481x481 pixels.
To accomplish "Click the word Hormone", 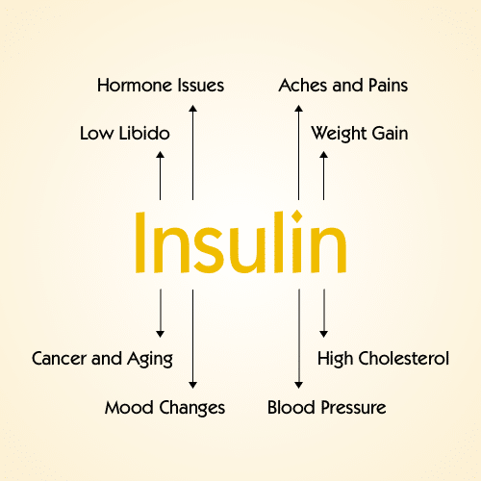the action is pyautogui.click(x=135, y=86).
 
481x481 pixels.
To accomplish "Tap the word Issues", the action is pyautogui.click(x=201, y=86).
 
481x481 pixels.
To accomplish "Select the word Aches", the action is pyautogui.click(x=303, y=86).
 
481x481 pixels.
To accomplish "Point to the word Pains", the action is pyautogui.click(x=388, y=86).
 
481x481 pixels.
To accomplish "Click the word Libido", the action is pyautogui.click(x=144, y=133).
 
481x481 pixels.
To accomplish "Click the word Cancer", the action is pyautogui.click(x=60, y=359).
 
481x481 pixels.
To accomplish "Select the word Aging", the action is pyautogui.click(x=150, y=360).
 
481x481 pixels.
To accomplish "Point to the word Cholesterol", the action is pyautogui.click(x=404, y=358).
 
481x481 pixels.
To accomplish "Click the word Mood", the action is pyautogui.click(x=129, y=408).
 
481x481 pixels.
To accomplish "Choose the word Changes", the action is pyautogui.click(x=192, y=409).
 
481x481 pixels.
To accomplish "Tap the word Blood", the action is pyautogui.click(x=291, y=408).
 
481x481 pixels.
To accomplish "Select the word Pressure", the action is pyautogui.click(x=354, y=408).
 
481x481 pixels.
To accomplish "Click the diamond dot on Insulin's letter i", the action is pyautogui.click(x=297, y=216).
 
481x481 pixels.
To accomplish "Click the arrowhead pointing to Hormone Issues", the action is pyautogui.click(x=192, y=109).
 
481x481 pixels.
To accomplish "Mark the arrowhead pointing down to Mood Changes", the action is pyautogui.click(x=192, y=385).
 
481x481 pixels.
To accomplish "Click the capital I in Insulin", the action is pyautogui.click(x=140, y=242).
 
